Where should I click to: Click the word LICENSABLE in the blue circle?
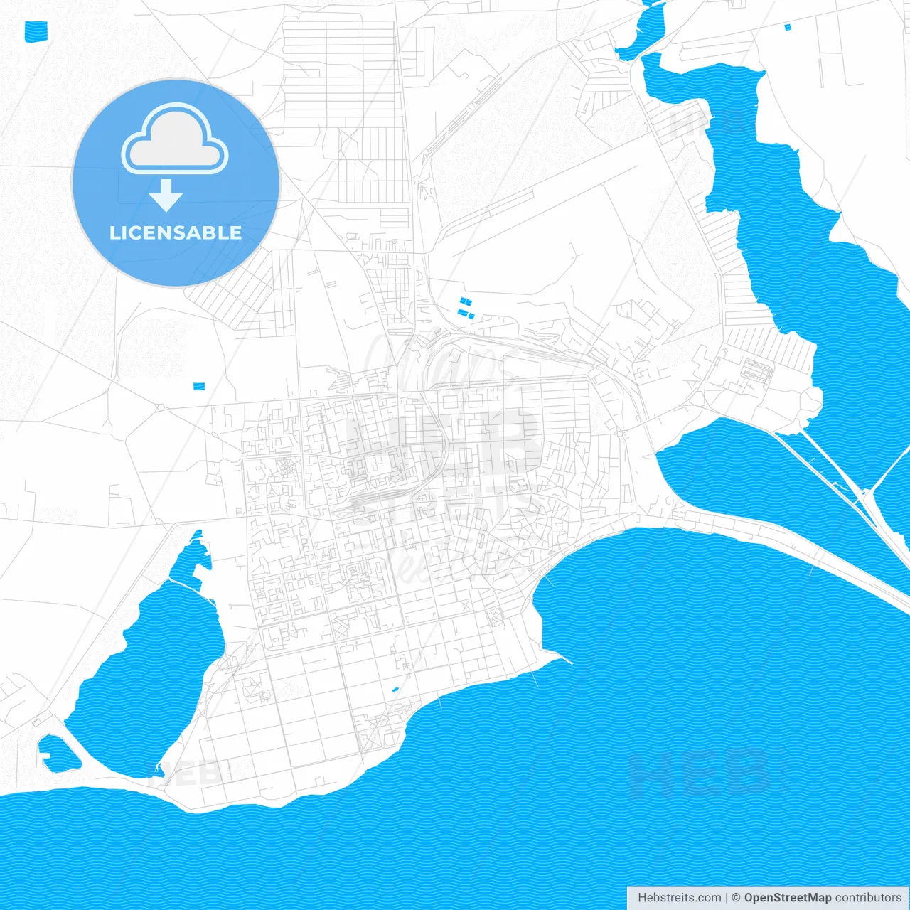point(176,232)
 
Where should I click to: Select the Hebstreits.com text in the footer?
point(680,898)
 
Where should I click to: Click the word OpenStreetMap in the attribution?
point(787,898)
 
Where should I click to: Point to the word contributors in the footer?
point(868,898)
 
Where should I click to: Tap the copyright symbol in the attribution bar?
point(737,898)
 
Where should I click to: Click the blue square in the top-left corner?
point(36,31)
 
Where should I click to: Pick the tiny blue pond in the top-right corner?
point(787,28)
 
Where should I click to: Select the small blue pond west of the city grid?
point(198,386)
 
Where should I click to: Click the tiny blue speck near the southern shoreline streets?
point(395,689)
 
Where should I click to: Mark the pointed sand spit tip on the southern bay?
point(569,662)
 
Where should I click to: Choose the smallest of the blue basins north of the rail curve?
point(471,316)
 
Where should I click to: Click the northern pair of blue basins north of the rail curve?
point(466,301)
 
